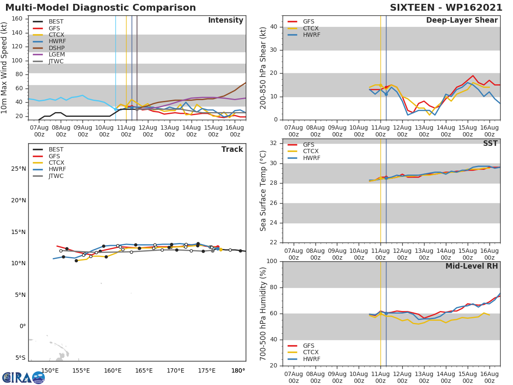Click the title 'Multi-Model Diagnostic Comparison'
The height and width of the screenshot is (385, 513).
click(x=100, y=8)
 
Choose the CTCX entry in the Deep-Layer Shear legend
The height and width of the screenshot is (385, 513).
click(x=310, y=28)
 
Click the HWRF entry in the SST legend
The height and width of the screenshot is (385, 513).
click(x=311, y=158)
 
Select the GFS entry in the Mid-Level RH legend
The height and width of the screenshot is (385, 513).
click(x=308, y=346)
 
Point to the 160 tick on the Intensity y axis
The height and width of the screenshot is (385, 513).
click(x=17, y=19)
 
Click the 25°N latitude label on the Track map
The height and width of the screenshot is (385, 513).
click(x=18, y=169)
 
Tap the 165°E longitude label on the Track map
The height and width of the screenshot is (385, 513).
click(x=144, y=370)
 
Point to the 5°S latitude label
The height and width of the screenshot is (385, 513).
click(x=20, y=358)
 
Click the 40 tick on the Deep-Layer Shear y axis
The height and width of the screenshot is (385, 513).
click(x=274, y=27)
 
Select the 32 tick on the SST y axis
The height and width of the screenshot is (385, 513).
click(x=274, y=143)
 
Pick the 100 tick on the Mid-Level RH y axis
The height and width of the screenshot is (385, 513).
click(x=272, y=261)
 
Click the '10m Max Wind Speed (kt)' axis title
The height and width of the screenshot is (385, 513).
click(x=5, y=68)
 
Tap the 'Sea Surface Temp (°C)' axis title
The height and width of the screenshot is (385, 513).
click(x=263, y=191)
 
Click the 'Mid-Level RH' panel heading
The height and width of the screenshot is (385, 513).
click(x=471, y=267)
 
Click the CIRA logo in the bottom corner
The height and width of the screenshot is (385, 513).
click(x=24, y=377)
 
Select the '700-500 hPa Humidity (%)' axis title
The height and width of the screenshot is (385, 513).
click(x=263, y=314)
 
